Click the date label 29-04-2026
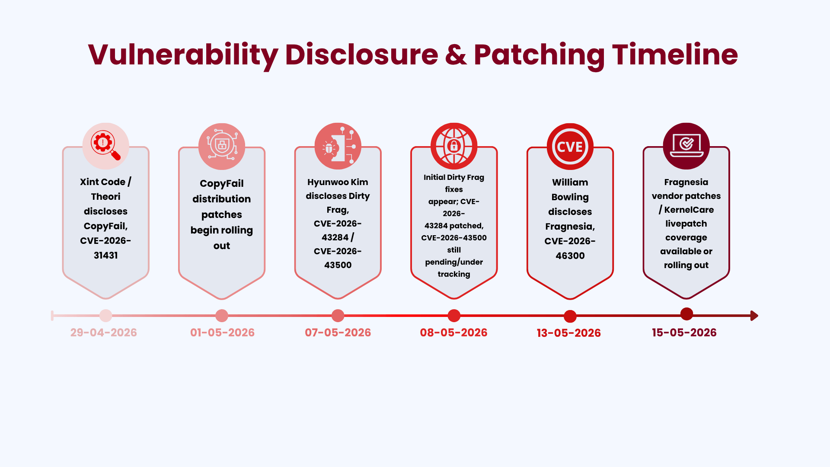pyautogui.click(x=104, y=333)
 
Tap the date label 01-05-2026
pyautogui.click(x=222, y=333)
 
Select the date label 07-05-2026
pyautogui.click(x=338, y=333)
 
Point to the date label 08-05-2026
pyautogui.click(x=453, y=333)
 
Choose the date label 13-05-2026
pyautogui.click(x=568, y=333)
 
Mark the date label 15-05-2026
pyautogui.click(x=684, y=333)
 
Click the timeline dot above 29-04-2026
pyautogui.click(x=105, y=316)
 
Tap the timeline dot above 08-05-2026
pyautogui.click(x=454, y=316)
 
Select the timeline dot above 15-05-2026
pyautogui.click(x=686, y=314)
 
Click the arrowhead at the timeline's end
pyautogui.click(x=754, y=316)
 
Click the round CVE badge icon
pyautogui.click(x=570, y=147)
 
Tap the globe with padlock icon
pyautogui.click(x=454, y=146)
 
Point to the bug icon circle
pyautogui.click(x=338, y=146)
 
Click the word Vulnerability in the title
pyautogui.click(x=183, y=55)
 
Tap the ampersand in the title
pyautogui.click(x=456, y=55)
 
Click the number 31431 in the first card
pyautogui.click(x=106, y=256)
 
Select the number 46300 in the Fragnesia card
pyautogui.click(x=570, y=256)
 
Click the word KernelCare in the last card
pyautogui.click(x=689, y=210)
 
